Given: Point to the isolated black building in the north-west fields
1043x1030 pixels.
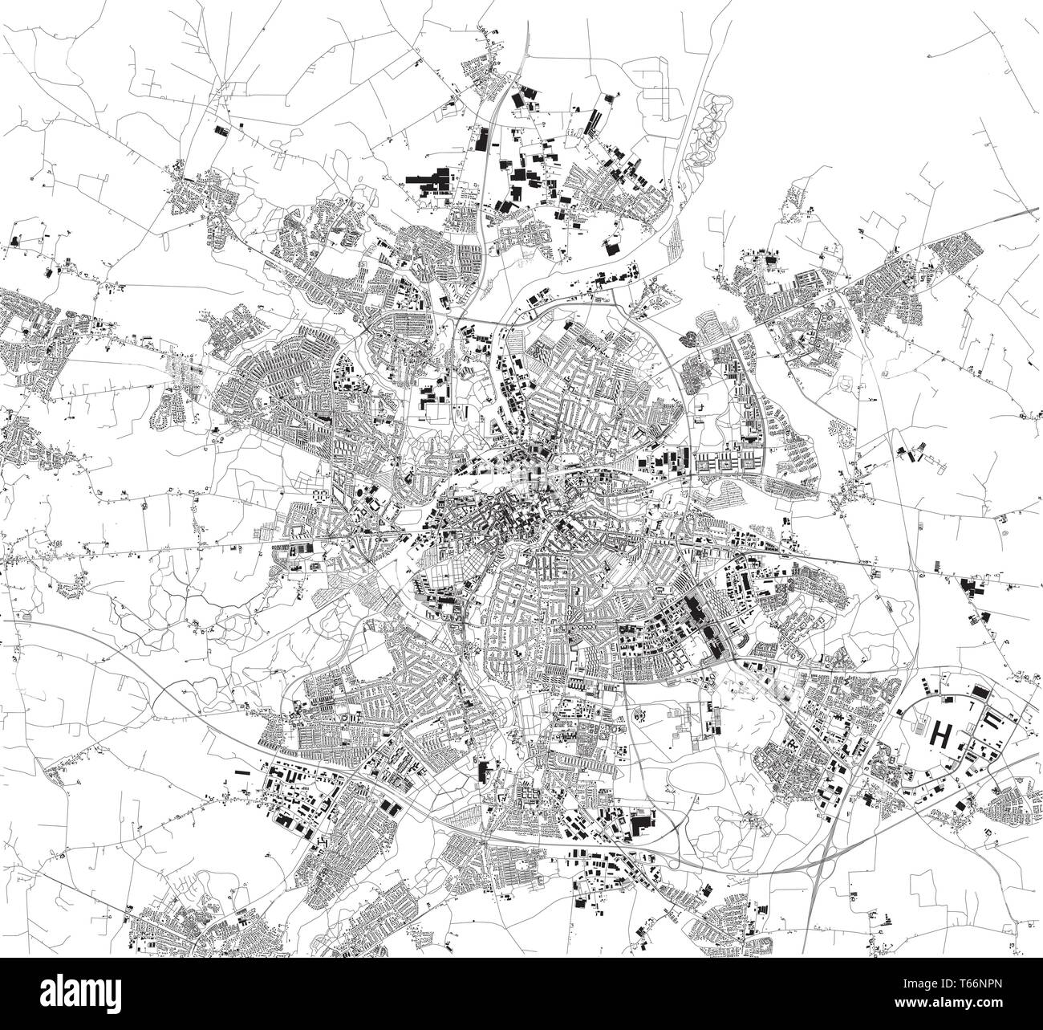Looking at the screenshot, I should tap(220, 126).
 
